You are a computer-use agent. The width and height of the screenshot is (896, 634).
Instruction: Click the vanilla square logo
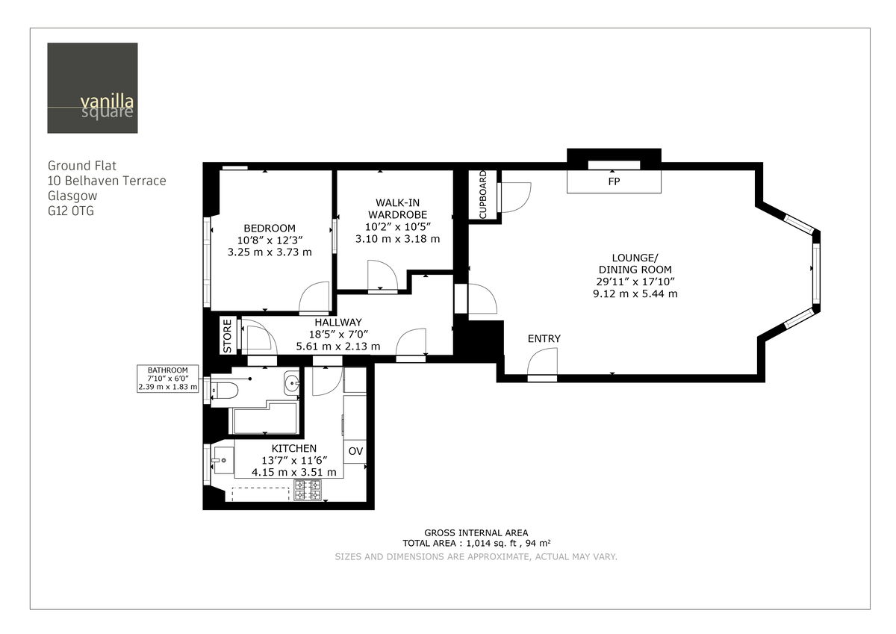coord(92,88)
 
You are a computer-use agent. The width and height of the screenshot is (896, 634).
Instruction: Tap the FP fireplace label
coord(614,181)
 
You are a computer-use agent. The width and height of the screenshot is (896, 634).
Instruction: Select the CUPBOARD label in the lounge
coord(482,195)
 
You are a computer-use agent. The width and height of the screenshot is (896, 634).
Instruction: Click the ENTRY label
coord(544,339)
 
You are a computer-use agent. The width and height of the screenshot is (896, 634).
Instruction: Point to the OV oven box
coord(355,451)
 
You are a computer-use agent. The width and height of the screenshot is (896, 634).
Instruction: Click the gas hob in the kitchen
coord(308,490)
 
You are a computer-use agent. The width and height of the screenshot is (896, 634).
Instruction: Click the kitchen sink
coord(222,459)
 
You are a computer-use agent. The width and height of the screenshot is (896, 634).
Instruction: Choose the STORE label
coord(228,336)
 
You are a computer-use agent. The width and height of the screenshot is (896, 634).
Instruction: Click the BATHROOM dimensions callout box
coord(167,379)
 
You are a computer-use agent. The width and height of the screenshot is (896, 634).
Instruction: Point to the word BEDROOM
coord(270,229)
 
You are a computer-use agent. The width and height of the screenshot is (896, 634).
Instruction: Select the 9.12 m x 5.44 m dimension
coord(635,293)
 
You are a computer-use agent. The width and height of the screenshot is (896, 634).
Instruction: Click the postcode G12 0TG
coord(71,211)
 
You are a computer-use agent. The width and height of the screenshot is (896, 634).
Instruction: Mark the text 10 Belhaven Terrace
coord(107,181)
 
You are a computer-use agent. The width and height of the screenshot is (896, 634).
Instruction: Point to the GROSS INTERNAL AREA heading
coord(476,532)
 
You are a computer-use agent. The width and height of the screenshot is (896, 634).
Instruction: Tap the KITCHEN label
coord(288,448)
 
